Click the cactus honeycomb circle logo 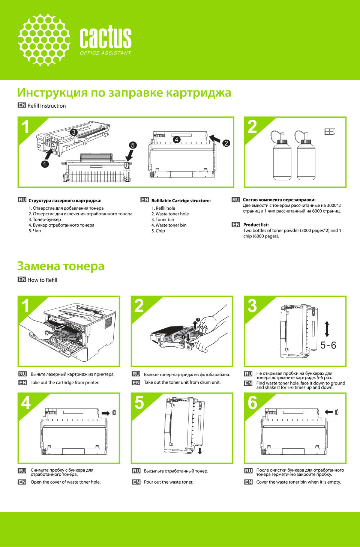click(44, 40)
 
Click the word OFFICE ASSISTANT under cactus click(105, 53)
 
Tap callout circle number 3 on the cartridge click(73, 132)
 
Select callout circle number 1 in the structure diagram click(45, 164)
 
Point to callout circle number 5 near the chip click(133, 145)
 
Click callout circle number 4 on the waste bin click(176, 140)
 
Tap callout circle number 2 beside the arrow click(226, 143)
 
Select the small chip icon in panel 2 click(329, 132)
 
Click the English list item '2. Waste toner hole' click(170, 214)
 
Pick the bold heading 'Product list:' click(256, 225)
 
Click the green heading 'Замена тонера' click(61, 266)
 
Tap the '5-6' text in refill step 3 click(328, 345)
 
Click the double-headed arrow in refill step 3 click(327, 329)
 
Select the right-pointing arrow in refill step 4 click(106, 413)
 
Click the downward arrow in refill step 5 click(200, 451)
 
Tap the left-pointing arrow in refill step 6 click(329, 412)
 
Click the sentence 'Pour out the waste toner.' click(168, 482)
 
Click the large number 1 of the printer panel click(25, 306)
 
